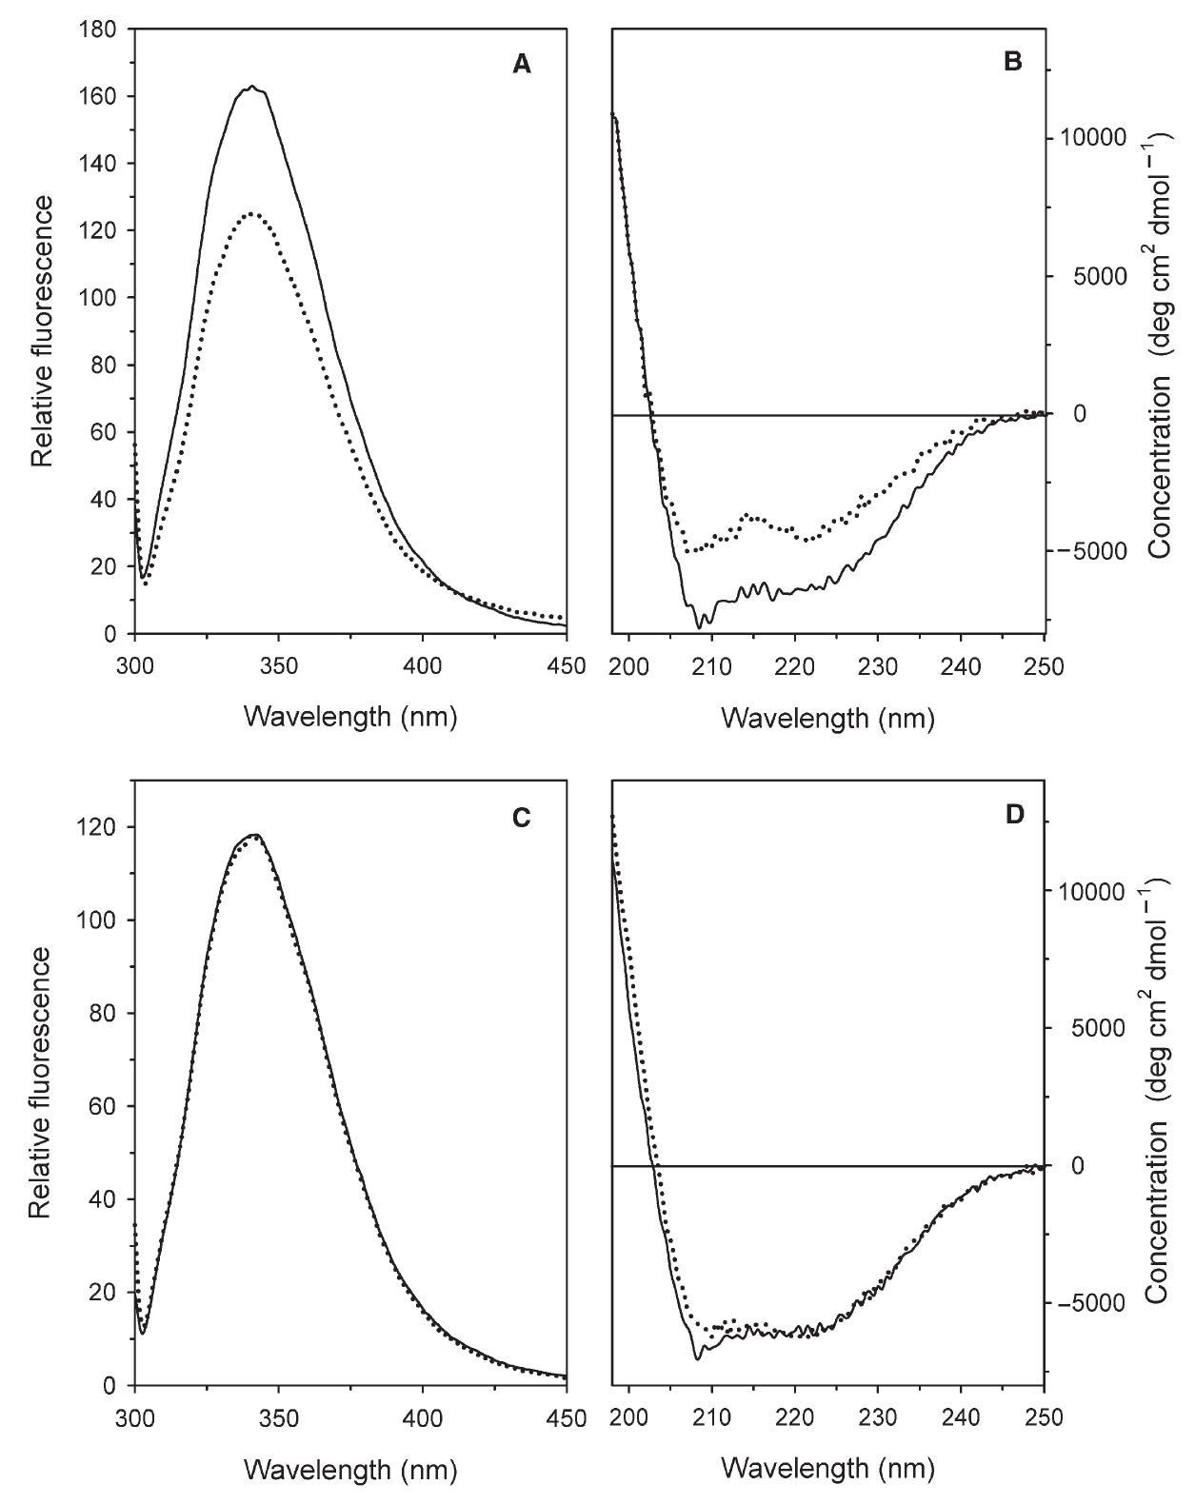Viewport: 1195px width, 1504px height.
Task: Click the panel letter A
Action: [521, 65]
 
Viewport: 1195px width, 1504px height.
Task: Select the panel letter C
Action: [521, 818]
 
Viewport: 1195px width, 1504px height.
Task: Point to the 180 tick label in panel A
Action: [98, 30]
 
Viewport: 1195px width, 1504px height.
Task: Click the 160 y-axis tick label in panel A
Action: [98, 97]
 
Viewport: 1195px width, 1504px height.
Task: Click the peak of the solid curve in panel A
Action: [251, 87]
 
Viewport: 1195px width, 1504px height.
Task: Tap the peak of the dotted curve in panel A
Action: [251, 214]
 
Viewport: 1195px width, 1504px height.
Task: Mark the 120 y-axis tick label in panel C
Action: [98, 827]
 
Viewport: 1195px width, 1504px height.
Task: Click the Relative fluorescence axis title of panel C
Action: [41, 1083]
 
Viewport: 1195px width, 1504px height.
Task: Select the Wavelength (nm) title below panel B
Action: [827, 717]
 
